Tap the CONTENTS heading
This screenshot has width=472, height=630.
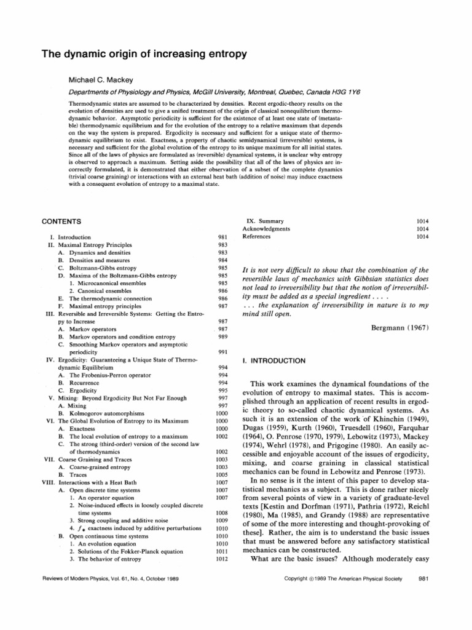click(59, 220)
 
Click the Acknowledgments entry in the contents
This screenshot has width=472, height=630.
click(267, 228)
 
